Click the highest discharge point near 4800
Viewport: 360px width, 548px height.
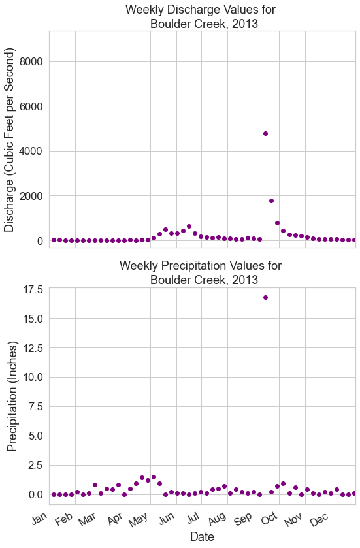point(265,133)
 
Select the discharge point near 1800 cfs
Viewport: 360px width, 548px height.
point(271,201)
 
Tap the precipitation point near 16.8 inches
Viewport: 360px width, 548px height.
point(265,297)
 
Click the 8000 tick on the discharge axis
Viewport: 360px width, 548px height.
point(31,62)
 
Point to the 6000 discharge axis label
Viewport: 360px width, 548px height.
point(31,106)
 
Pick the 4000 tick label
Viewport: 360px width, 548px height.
point(31,152)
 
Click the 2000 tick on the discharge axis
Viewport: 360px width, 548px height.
point(31,196)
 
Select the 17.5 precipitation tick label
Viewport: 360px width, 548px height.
point(33,290)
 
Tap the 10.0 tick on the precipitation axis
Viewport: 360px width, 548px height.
point(33,377)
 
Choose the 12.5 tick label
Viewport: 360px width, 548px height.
point(33,348)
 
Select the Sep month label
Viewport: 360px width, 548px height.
point(243,519)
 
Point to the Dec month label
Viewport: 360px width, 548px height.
point(319,520)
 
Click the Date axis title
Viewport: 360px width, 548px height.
point(202,536)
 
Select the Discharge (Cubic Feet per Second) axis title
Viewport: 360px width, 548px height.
point(9,140)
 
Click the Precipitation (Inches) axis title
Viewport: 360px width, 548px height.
point(12,396)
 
